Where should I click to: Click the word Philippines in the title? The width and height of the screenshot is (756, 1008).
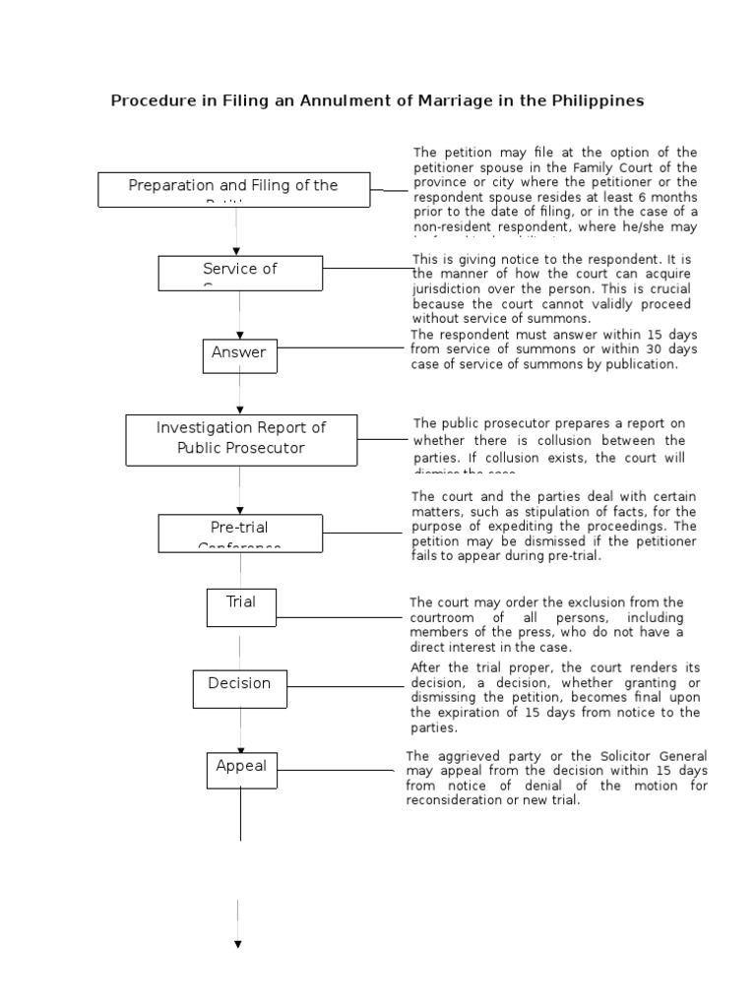coord(597,100)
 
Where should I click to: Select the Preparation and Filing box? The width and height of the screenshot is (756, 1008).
coord(233,189)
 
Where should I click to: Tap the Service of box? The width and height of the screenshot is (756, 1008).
coord(240,273)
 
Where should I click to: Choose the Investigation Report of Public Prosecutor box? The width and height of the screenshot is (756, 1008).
coord(241,439)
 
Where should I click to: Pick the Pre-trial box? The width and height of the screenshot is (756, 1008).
coord(240,533)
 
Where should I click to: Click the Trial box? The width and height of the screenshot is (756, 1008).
coord(241,607)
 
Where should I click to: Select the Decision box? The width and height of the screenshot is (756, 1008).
coord(239,687)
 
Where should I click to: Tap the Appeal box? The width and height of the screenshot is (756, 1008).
coord(241,769)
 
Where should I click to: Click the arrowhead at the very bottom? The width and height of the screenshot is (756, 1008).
coord(237,944)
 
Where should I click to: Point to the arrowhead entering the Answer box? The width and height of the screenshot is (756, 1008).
coord(240,335)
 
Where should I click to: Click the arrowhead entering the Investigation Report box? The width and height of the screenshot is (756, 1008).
coord(240,409)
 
